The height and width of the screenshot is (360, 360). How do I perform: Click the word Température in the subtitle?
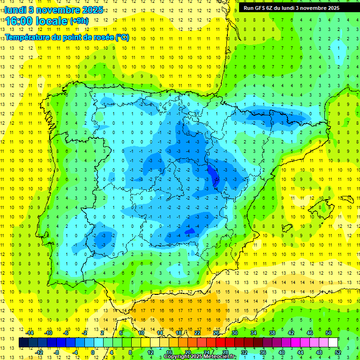[x=29, y=37]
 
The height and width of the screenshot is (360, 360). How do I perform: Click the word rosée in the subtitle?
[x=102, y=37]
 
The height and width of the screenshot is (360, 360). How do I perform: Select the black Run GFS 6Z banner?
[x=295, y=7]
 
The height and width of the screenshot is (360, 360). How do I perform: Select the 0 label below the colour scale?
[x=93, y=352]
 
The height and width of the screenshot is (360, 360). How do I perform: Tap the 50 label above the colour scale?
[x=329, y=333]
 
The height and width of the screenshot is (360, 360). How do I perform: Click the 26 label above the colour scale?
[x=216, y=333]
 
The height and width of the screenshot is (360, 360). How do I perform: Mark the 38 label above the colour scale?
[x=272, y=333]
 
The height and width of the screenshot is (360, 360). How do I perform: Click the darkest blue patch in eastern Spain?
[x=214, y=176]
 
